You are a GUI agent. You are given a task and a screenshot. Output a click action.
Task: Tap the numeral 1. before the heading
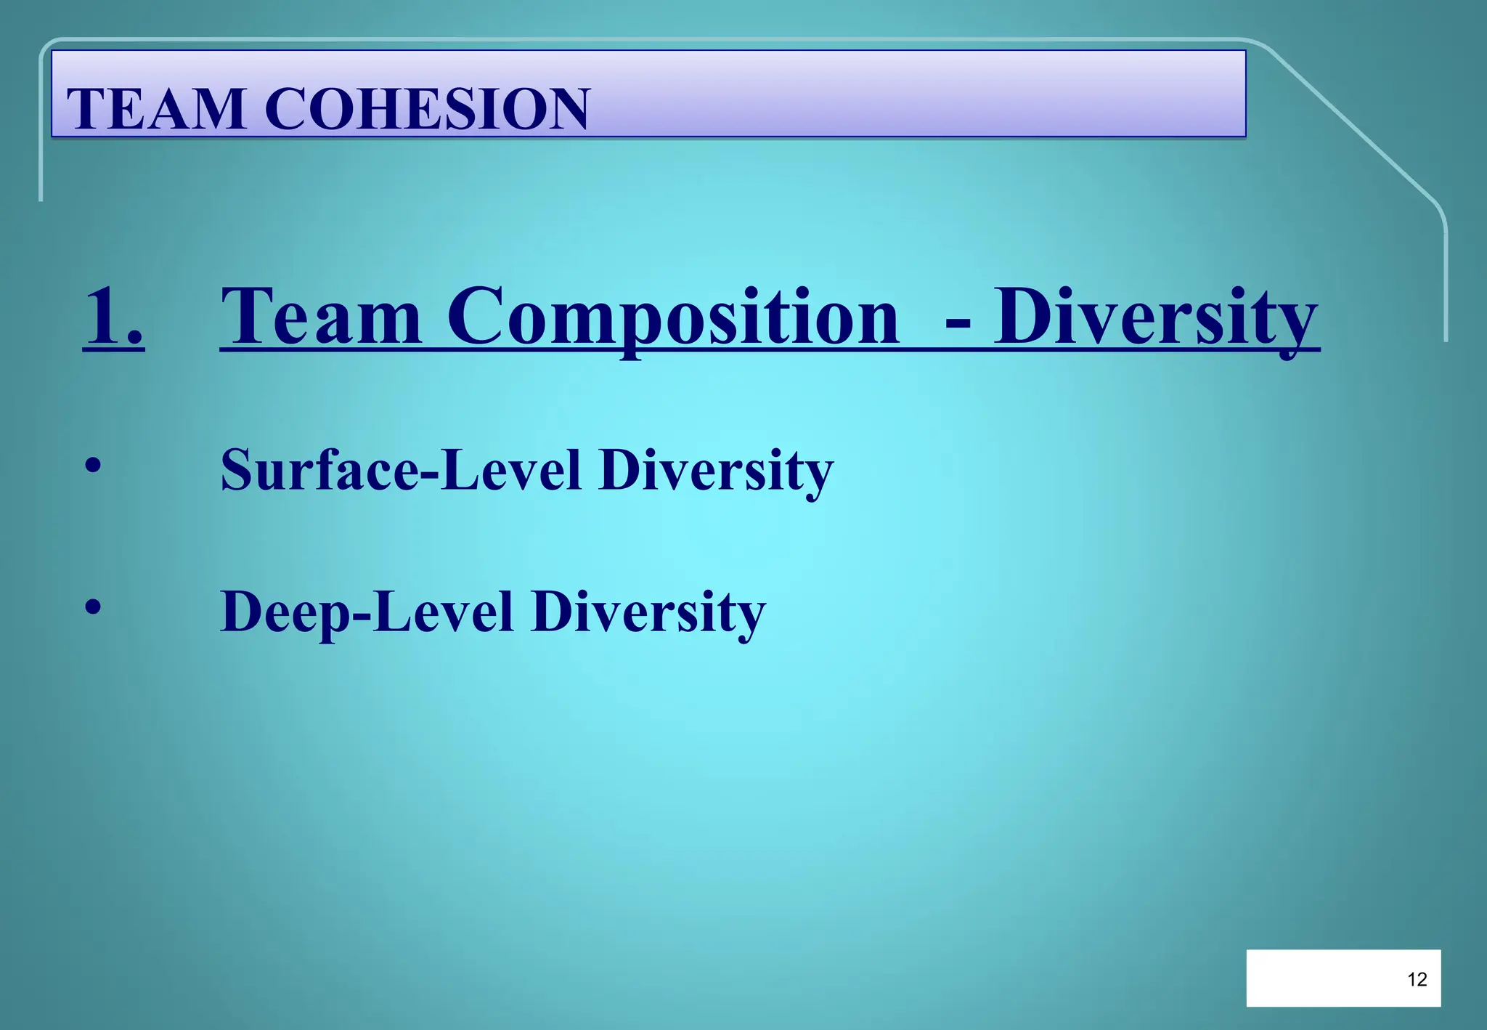tap(113, 317)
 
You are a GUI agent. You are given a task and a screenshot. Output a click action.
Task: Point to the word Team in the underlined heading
tap(321, 317)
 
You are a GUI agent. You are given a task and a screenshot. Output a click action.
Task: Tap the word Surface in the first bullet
tap(319, 470)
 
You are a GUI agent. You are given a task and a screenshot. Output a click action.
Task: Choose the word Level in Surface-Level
tap(512, 470)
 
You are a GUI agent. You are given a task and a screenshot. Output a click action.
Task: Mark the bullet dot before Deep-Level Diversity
tap(92, 607)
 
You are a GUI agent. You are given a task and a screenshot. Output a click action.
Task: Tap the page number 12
tap(1417, 980)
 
